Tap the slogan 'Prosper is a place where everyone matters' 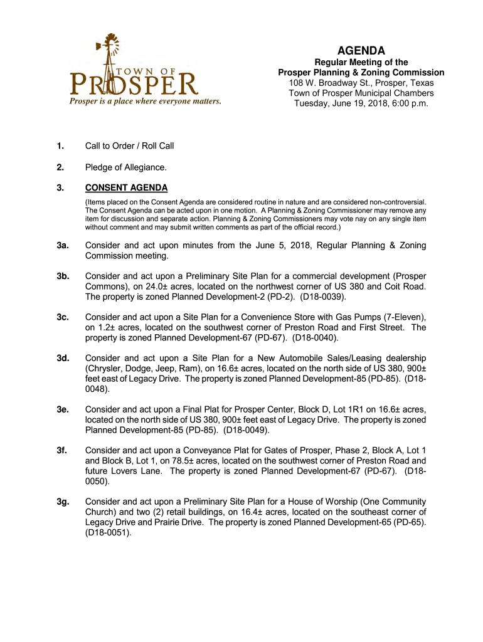[145, 101]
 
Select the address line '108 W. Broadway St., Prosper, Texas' [361, 83]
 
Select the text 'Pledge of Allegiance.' [126, 167]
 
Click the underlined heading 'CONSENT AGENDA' [126, 188]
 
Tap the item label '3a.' [62, 246]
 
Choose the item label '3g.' [62, 502]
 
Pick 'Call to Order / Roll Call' [130, 146]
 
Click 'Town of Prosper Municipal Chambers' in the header [361, 93]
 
